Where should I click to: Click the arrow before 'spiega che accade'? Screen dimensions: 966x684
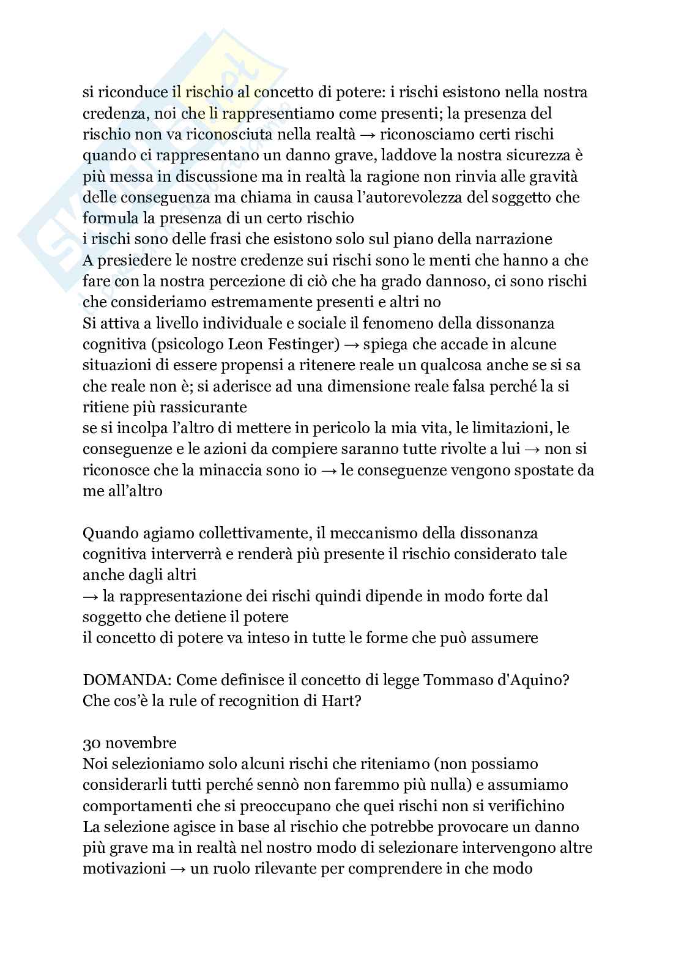(x=352, y=344)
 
